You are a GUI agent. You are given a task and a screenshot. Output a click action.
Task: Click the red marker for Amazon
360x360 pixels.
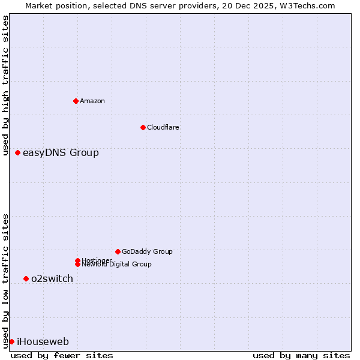(x=76, y=101)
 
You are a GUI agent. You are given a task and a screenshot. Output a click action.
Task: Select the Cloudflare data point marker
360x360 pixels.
(x=143, y=127)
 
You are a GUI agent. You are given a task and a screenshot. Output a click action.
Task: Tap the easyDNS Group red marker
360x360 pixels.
(x=18, y=153)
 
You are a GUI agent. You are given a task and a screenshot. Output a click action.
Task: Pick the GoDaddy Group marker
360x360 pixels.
(x=118, y=251)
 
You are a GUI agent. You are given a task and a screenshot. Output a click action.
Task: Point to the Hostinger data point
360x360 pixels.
(x=77, y=260)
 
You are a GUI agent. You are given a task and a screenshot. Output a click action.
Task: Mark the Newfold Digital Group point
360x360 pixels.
(x=77, y=264)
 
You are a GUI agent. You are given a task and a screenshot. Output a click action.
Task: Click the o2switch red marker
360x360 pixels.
(x=26, y=278)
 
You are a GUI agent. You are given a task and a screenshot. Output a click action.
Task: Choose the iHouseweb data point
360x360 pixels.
(x=11, y=341)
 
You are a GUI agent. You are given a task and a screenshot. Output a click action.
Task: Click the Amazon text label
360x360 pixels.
(x=92, y=101)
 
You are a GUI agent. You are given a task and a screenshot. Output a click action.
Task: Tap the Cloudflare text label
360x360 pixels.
(x=163, y=127)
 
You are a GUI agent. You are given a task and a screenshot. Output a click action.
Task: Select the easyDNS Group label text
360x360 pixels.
(x=61, y=153)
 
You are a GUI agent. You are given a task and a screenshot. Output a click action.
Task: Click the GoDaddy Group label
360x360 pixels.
(x=147, y=251)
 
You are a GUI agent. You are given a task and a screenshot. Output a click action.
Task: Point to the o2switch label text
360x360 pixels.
(x=52, y=278)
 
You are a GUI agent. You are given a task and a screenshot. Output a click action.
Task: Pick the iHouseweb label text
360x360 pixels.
(x=43, y=342)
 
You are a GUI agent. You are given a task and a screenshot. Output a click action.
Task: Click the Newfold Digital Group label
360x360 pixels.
(x=117, y=265)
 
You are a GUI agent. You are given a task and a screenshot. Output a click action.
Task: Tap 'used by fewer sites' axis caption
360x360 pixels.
(x=62, y=355)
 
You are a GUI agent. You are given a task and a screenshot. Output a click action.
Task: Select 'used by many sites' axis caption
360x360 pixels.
(x=301, y=355)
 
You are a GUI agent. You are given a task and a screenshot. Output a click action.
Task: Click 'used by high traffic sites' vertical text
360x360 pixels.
(x=5, y=86)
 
